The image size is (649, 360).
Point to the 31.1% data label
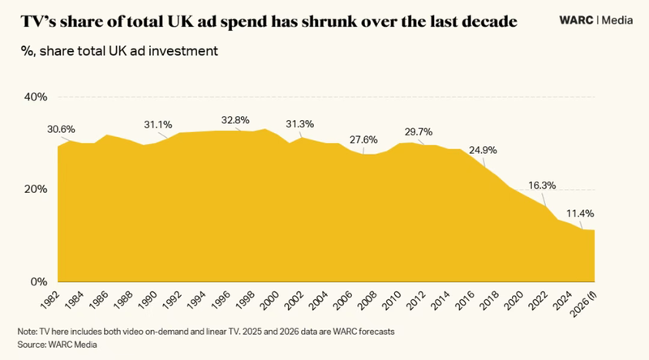pyautogui.click(x=158, y=125)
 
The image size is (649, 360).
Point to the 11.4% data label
pyautogui.click(x=579, y=214)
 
